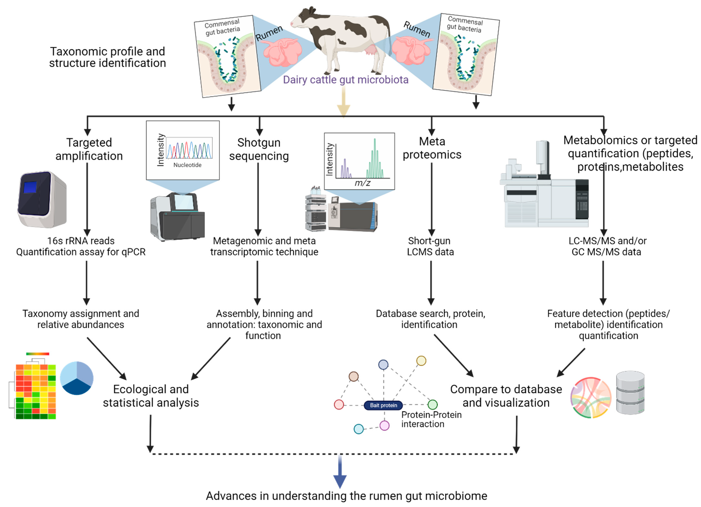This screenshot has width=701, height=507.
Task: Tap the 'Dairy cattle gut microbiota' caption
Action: coord(346,80)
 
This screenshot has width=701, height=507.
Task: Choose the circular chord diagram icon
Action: coord(591,398)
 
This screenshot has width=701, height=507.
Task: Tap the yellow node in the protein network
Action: coord(421,361)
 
